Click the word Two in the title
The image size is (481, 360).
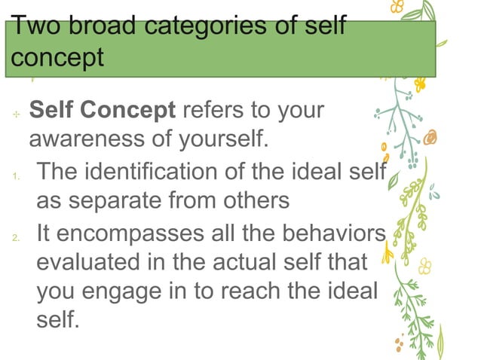coord(35,28)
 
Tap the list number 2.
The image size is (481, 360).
coord(15,239)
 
